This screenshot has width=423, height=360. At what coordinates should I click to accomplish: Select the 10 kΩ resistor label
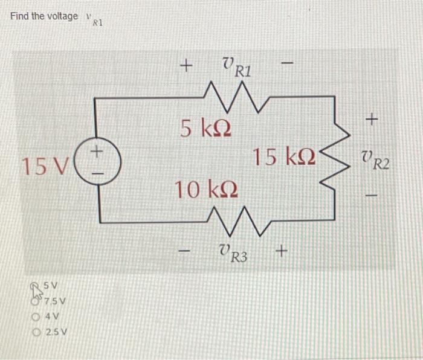tap(206, 190)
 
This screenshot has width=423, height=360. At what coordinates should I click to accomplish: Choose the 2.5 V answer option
tap(53, 332)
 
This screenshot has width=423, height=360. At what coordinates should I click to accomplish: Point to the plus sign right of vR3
tap(282, 249)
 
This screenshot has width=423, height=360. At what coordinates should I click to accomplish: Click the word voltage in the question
tap(62, 16)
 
